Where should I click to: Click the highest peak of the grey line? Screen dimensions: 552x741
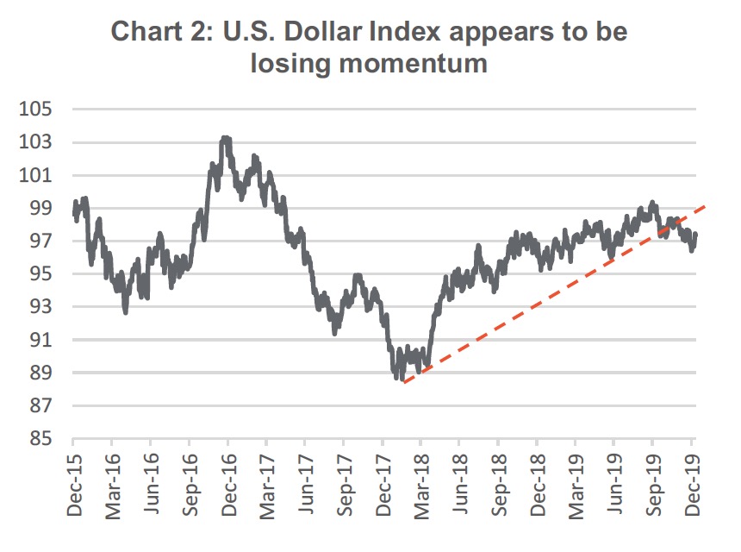pos(226,138)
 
